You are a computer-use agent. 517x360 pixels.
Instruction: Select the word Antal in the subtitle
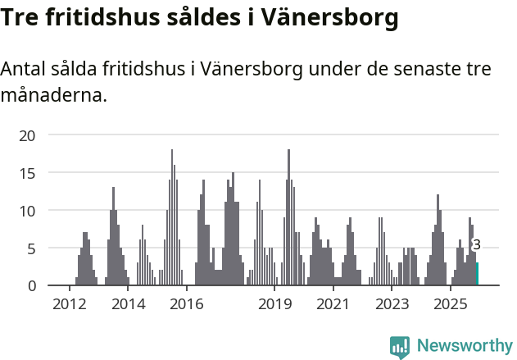[24, 70]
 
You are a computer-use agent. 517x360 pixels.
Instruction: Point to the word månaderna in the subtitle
[54, 96]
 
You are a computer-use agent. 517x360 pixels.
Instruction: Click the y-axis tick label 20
[28, 135]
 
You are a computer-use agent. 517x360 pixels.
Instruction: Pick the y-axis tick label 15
[28, 173]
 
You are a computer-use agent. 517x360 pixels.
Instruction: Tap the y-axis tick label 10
[28, 211]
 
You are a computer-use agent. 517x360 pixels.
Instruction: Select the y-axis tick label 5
[32, 248]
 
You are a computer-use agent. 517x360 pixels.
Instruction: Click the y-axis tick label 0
[32, 285]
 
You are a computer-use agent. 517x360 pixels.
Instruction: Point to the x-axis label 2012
[69, 304]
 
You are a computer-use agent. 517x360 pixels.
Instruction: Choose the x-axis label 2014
[128, 304]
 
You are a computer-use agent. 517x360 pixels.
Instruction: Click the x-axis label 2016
[187, 304]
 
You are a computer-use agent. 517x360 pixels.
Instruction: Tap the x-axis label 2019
[275, 304]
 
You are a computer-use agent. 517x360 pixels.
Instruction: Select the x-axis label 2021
[333, 304]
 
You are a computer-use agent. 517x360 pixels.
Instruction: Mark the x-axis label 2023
[392, 304]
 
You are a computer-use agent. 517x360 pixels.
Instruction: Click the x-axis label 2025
[450, 304]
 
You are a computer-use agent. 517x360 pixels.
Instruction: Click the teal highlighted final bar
[478, 274]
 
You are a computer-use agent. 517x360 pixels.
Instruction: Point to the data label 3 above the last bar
[477, 245]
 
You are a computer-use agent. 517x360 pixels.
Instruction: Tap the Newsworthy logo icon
[400, 347]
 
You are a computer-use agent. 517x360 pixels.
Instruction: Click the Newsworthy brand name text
[464, 346]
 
